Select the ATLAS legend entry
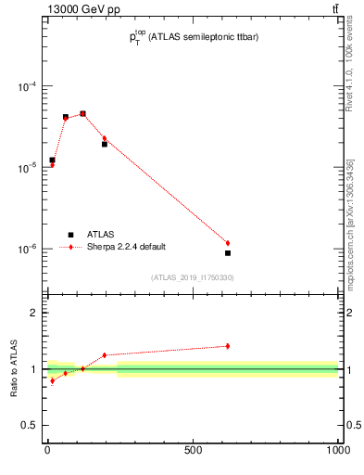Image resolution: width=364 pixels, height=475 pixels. tap(100, 235)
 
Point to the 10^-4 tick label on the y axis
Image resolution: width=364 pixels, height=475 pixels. tap(27, 87)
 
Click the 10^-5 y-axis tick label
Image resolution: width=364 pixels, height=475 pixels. tap(27, 168)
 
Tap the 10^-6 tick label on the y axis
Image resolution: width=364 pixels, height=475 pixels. tap(27, 250)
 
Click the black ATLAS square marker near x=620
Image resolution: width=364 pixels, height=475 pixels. tap(228, 252)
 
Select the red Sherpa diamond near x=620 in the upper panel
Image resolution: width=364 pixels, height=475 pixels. tap(228, 243)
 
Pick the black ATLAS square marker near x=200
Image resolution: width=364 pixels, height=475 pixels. tap(105, 144)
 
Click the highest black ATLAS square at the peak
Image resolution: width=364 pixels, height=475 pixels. tap(82, 114)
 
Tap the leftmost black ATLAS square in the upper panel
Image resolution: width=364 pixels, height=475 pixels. tap(53, 160)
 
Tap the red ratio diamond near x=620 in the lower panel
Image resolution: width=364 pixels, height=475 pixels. tap(228, 346)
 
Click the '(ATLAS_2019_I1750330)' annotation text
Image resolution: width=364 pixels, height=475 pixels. tap(192, 277)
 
